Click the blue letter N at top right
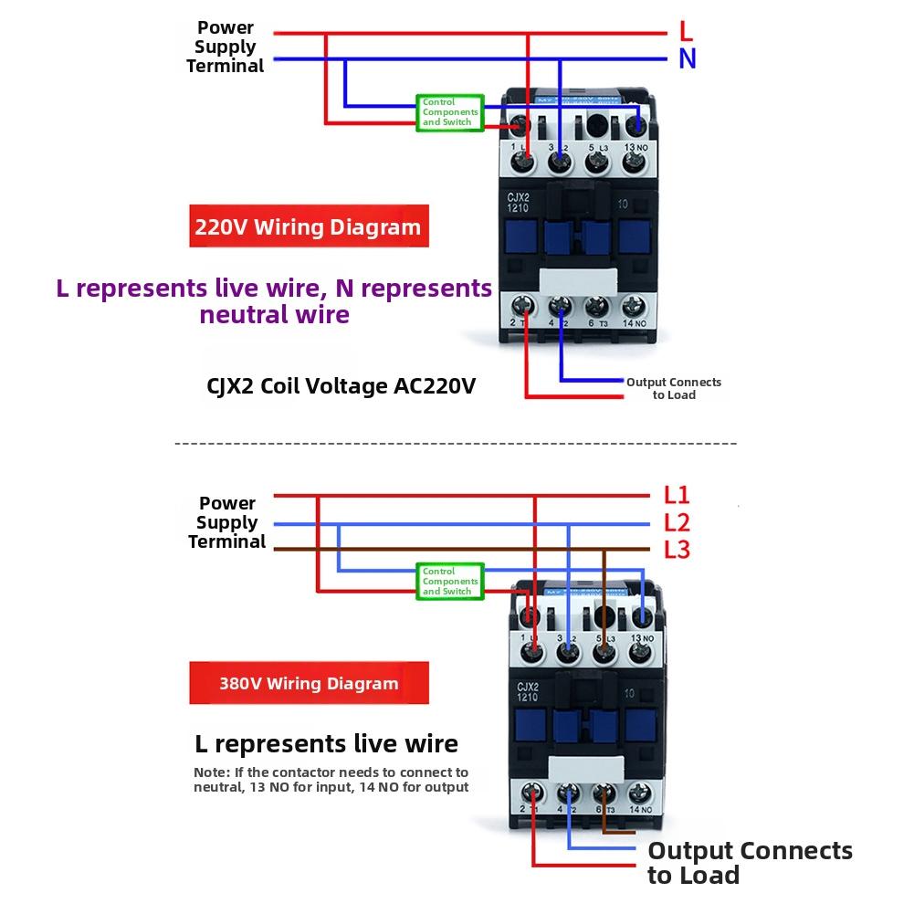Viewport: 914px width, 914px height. click(x=688, y=59)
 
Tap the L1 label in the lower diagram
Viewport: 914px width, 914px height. click(x=677, y=495)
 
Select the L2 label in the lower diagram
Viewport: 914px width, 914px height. click(x=677, y=523)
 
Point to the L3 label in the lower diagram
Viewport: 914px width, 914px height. click(x=677, y=551)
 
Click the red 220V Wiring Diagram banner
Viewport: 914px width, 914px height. click(x=309, y=227)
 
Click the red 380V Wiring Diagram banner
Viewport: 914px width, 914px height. click(x=309, y=683)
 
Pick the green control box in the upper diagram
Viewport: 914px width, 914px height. click(x=450, y=112)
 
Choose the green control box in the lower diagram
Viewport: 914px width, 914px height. click(x=450, y=582)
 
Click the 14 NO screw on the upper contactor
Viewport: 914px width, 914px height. click(x=632, y=307)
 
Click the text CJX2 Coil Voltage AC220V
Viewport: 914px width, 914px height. click(x=341, y=386)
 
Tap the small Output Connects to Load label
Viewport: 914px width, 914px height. click(x=674, y=388)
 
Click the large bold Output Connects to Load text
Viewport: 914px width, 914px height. click(x=750, y=863)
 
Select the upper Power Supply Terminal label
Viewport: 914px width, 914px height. click(x=226, y=47)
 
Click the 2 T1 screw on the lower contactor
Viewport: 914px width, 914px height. click(x=533, y=793)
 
